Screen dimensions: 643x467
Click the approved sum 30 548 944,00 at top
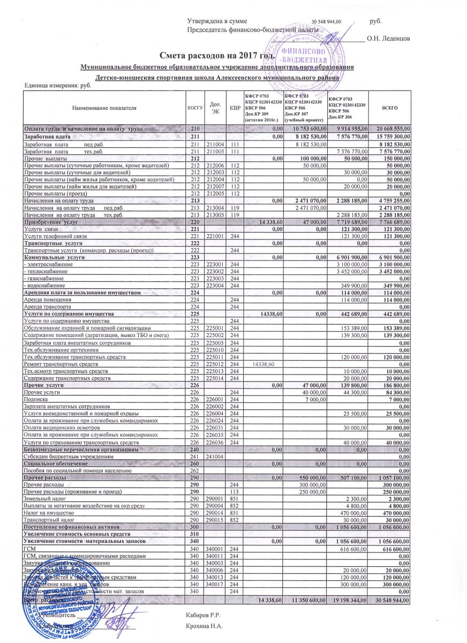[x=330, y=20]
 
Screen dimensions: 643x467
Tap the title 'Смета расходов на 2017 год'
[x=217, y=55]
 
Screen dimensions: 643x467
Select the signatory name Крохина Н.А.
[x=204, y=626]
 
